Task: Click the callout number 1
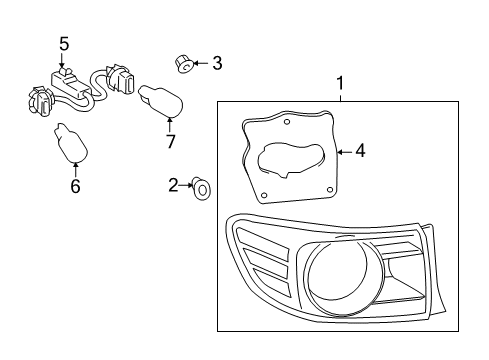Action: pyautogui.click(x=340, y=83)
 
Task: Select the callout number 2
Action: pyautogui.click(x=173, y=185)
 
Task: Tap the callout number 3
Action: pyautogui.click(x=217, y=63)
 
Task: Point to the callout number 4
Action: pyautogui.click(x=360, y=151)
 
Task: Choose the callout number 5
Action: pyautogui.click(x=64, y=44)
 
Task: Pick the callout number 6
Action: pyautogui.click(x=76, y=186)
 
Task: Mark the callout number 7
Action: pyautogui.click(x=170, y=142)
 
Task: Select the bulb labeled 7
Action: pyautogui.click(x=161, y=101)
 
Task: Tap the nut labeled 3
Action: pyautogui.click(x=184, y=64)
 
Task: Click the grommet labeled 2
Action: pyautogui.click(x=201, y=189)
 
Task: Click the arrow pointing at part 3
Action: pyautogui.click(x=200, y=63)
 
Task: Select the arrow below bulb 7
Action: pyautogui.click(x=170, y=125)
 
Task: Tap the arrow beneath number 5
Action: pyautogui.click(x=62, y=60)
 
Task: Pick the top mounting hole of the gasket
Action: pyautogui.click(x=287, y=122)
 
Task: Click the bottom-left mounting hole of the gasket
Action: pyautogui.click(x=264, y=195)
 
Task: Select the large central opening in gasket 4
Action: pyautogui.click(x=291, y=159)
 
